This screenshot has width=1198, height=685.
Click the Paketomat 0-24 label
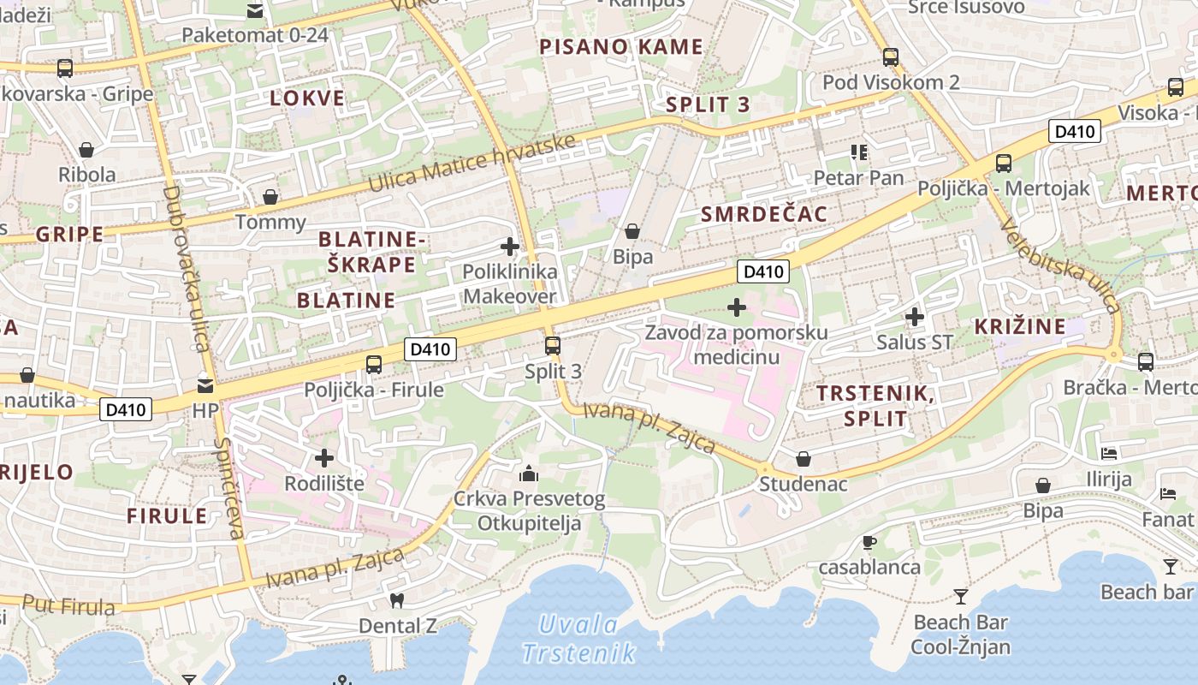[x=255, y=35]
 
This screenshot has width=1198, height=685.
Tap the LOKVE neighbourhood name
[x=308, y=98]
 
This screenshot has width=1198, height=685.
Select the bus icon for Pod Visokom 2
[x=891, y=57]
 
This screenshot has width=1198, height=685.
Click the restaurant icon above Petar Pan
[x=859, y=152]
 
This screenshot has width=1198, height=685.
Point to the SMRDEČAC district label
[x=764, y=214]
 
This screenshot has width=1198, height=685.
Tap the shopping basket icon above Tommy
[x=270, y=197]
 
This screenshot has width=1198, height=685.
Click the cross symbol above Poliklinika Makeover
[x=510, y=247]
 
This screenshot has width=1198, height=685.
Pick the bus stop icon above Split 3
[x=553, y=346]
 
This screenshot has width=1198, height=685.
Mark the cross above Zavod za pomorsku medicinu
[x=737, y=307]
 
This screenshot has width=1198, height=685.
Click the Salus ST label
[x=915, y=342]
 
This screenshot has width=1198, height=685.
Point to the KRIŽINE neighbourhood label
[x=1020, y=326]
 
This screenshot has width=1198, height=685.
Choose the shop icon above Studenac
[x=804, y=459]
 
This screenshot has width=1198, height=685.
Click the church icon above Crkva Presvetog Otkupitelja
[x=529, y=473]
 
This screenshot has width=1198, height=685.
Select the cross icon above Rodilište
[x=324, y=458]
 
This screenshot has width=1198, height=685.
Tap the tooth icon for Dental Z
[x=396, y=600]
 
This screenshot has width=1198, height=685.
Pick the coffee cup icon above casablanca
[x=869, y=541]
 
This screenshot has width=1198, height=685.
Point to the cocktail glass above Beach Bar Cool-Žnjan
[x=961, y=596]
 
